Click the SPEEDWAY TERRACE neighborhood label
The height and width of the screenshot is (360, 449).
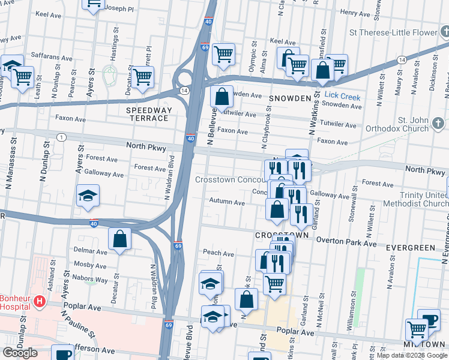click(148, 114)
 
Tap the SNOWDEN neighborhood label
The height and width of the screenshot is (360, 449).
click(290, 98)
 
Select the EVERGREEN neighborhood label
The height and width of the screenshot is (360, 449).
click(411, 247)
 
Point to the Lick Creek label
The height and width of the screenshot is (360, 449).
click(342, 96)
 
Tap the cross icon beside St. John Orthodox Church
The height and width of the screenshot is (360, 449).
click(439, 124)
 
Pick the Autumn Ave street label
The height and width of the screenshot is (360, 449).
click(226, 203)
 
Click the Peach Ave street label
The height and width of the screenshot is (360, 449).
click(218, 253)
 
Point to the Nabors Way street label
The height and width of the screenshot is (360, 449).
click(90, 279)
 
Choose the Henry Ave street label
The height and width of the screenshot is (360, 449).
click(354, 12)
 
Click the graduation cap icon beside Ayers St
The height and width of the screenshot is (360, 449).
click(88, 196)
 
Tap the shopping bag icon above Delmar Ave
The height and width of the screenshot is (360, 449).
click(120, 238)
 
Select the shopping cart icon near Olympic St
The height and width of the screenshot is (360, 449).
click(223, 54)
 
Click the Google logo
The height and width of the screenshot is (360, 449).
click(20, 352)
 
